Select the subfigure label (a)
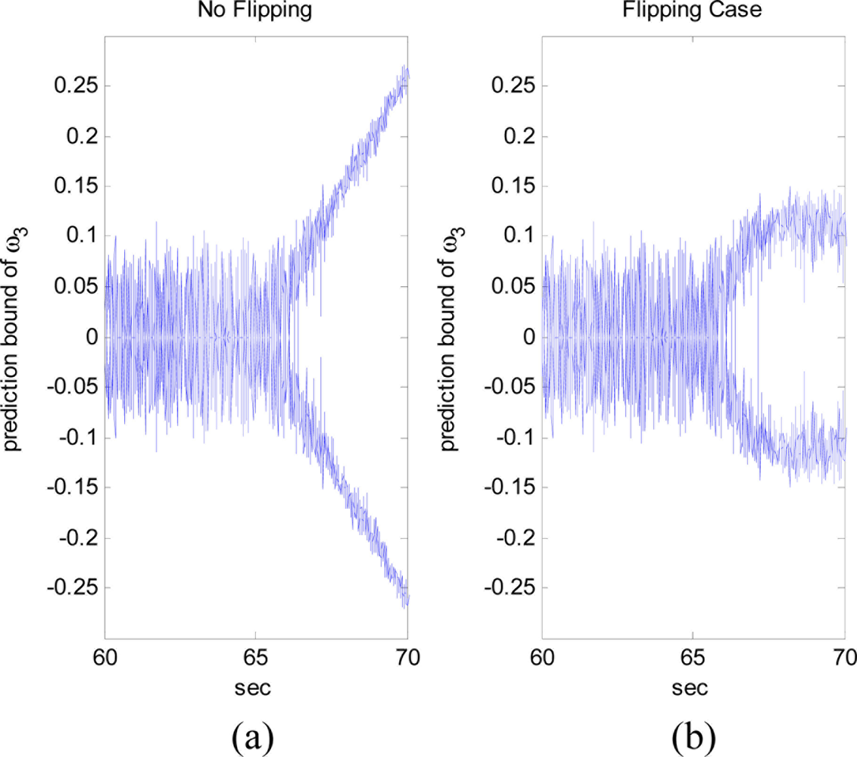[x=255, y=734]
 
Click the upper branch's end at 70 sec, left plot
[x=407, y=76]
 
